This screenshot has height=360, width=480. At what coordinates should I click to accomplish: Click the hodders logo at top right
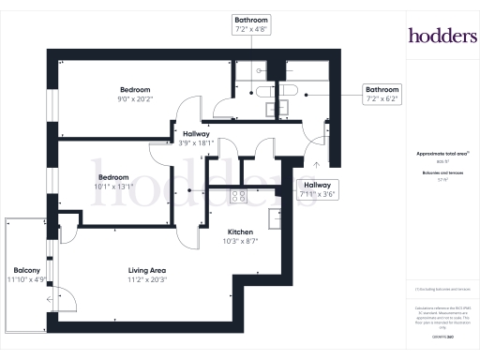[x=442, y=36]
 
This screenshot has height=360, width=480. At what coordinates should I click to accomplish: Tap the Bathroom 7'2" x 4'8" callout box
[x=251, y=23]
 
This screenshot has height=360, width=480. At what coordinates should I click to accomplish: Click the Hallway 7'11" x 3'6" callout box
[x=316, y=191]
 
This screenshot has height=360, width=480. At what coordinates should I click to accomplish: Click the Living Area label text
[x=147, y=270]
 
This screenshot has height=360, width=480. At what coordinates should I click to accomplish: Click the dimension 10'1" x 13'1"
[x=115, y=186]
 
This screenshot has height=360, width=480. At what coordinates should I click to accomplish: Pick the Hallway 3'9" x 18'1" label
[x=196, y=142]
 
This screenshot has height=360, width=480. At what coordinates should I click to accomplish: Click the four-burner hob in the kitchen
[x=238, y=197]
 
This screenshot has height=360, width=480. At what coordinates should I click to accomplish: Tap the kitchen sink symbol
[x=275, y=217]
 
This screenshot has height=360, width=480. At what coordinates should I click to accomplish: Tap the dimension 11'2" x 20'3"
[x=147, y=279]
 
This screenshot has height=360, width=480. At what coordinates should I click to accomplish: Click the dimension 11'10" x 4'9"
[x=26, y=279]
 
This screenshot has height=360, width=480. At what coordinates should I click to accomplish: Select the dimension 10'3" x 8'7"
[x=241, y=240]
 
